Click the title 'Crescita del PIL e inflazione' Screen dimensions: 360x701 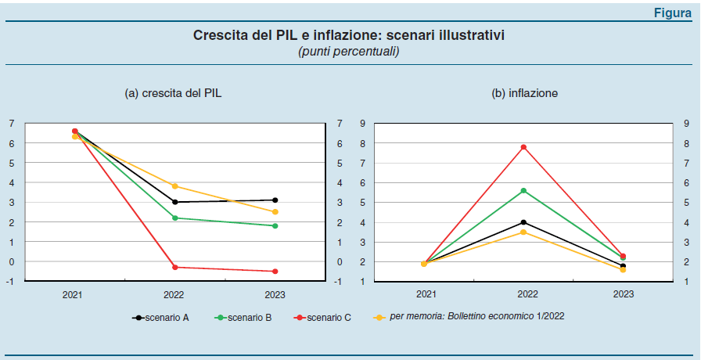tap(350, 36)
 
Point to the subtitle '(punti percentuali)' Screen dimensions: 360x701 tap(349, 52)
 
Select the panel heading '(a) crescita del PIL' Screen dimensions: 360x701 tap(174, 93)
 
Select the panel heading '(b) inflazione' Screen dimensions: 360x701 tap(524, 93)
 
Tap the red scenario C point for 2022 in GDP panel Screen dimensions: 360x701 tap(174, 268)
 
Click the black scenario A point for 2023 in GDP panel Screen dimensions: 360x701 tap(275, 200)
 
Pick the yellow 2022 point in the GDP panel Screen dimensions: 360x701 tap(174, 186)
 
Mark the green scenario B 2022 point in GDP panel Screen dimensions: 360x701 tap(174, 218)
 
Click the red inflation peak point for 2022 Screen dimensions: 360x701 tap(523, 147)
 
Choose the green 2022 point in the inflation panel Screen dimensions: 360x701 tap(523, 190)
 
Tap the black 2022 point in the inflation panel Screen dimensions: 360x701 tap(523, 222)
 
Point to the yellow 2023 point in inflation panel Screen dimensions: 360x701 tap(624, 269)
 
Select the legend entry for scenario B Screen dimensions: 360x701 tap(249, 317)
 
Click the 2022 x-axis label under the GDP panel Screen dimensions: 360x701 tap(174, 295)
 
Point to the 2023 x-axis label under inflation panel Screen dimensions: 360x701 tap(624, 295)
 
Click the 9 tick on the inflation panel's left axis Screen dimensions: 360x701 tap(362, 124)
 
